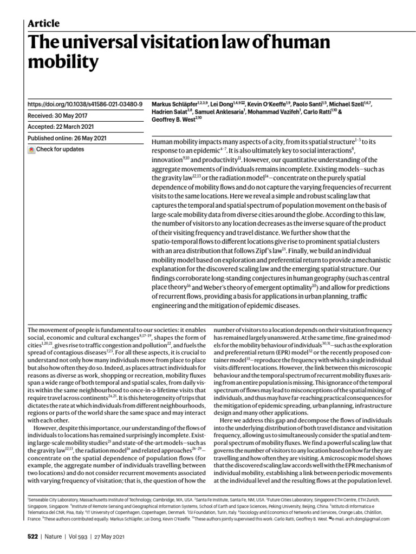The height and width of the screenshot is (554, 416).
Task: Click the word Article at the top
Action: tap(43, 23)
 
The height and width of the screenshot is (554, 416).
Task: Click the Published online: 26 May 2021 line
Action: tap(66, 138)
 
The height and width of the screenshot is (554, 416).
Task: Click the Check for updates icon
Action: tap(31, 150)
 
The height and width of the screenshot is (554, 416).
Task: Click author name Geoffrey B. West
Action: tap(174, 121)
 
